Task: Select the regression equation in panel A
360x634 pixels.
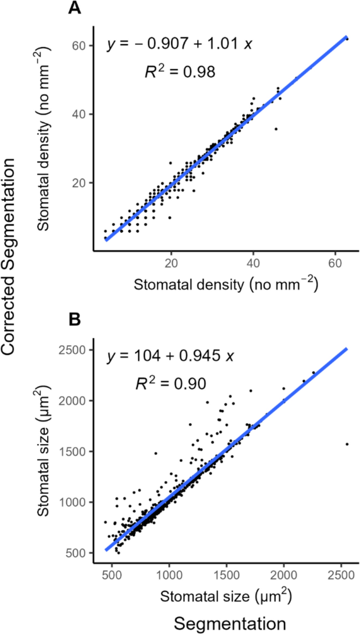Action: [180, 44]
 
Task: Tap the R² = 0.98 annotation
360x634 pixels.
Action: [180, 71]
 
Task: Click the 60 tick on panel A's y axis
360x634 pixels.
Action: [79, 46]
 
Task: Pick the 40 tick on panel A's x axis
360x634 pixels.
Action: [254, 262]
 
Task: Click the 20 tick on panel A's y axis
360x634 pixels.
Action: [79, 182]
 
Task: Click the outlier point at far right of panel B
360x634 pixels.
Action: [347, 444]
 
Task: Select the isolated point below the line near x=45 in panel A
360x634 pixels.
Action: [276, 129]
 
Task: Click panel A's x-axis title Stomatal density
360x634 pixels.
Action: [225, 284]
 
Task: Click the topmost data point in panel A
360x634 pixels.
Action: [347, 38]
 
